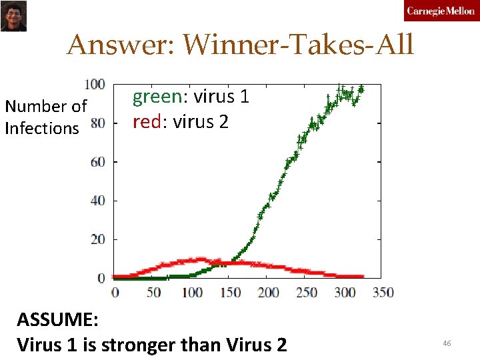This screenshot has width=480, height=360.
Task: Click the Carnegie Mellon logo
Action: tap(441, 12)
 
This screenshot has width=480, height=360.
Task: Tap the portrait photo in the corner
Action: tap(13, 16)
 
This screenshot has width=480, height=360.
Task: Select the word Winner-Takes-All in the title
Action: tap(298, 45)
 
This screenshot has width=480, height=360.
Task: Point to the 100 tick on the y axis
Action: tap(95, 85)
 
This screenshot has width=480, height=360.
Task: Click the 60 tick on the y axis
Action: tap(97, 162)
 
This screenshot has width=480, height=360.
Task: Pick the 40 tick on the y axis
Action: tap(97, 201)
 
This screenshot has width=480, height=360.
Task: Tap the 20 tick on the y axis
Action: tap(97, 239)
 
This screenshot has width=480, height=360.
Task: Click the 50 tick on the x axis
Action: tap(153, 293)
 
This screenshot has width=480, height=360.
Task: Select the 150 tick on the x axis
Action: tap(230, 293)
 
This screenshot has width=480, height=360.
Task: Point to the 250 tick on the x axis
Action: tap(307, 293)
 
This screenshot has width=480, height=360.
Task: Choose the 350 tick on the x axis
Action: tap(383, 293)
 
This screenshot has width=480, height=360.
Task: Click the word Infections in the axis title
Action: tap(41, 128)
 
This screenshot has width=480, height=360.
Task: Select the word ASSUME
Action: tap(57, 320)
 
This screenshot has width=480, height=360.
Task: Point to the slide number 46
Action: tap(447, 343)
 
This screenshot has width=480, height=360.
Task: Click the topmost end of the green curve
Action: tap(361, 88)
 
